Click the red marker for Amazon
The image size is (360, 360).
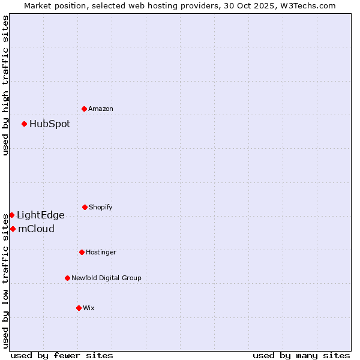pyautogui.click(x=85, y=109)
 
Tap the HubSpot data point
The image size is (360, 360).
pyautogui.click(x=25, y=124)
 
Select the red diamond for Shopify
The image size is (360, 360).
pyautogui.click(x=85, y=207)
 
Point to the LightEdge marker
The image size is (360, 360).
pyautogui.click(x=11, y=215)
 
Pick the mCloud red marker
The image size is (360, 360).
pyautogui.click(x=13, y=229)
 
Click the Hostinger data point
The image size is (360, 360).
pyautogui.click(x=82, y=252)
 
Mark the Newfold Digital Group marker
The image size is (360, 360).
pyautogui.click(x=68, y=278)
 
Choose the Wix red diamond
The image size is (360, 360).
pyautogui.click(x=79, y=308)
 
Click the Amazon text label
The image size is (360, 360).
pyautogui.click(x=101, y=109)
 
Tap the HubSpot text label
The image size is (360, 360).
pyautogui.click(x=50, y=124)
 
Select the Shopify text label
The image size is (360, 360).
pyautogui.click(x=101, y=207)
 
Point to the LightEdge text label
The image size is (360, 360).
pyautogui.click(x=40, y=215)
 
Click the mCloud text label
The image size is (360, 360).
pyautogui.click(x=36, y=229)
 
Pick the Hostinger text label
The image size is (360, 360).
pyautogui.click(x=101, y=252)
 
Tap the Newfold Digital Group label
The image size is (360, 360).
pyautogui.click(x=106, y=278)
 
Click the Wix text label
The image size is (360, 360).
pyautogui.click(x=89, y=308)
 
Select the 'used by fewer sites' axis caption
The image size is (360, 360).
pyautogui.click(x=62, y=355)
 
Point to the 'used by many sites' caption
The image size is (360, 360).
pyautogui.click(x=301, y=355)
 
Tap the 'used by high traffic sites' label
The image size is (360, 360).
pyautogui.click(x=5, y=85)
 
